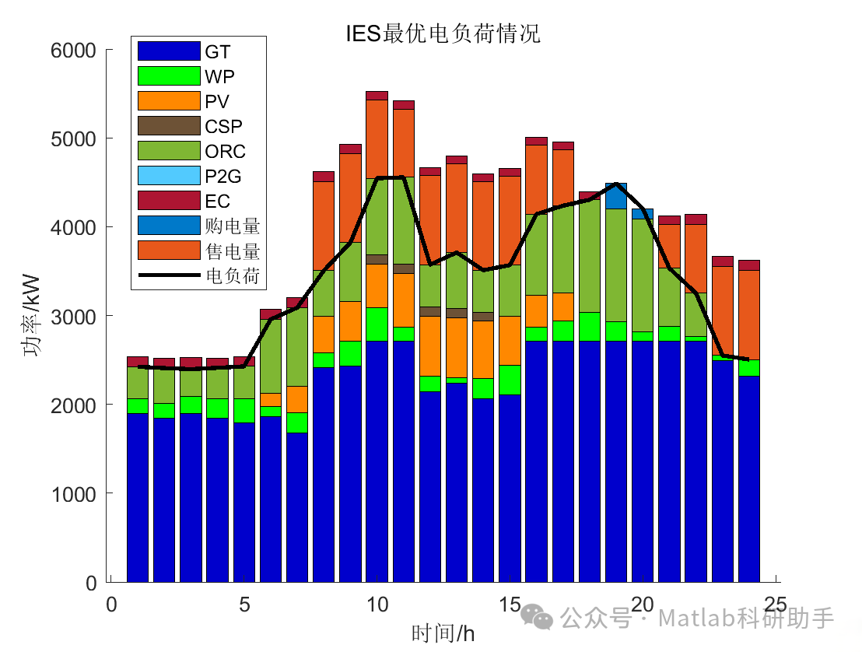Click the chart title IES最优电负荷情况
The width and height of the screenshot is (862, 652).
click(x=443, y=33)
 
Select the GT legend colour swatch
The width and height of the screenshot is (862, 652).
click(x=169, y=51)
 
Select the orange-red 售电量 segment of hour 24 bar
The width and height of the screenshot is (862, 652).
click(x=749, y=315)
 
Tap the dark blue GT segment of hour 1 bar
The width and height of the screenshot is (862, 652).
click(x=138, y=498)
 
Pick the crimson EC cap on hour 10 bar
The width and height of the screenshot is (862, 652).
click(x=377, y=96)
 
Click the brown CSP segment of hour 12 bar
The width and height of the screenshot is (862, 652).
click(x=429, y=311)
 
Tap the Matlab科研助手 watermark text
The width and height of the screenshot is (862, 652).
click(x=745, y=619)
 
